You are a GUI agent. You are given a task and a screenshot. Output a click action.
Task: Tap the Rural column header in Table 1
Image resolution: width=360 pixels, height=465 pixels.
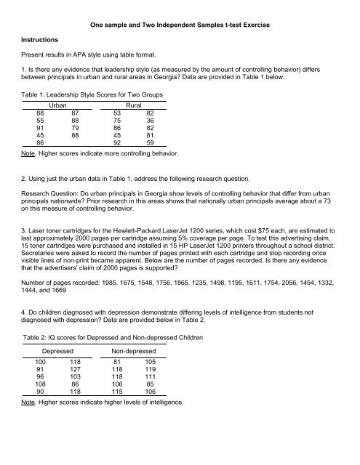pos(136,105)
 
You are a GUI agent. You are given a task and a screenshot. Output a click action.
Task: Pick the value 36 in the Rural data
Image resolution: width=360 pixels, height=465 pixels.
pos(150,121)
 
